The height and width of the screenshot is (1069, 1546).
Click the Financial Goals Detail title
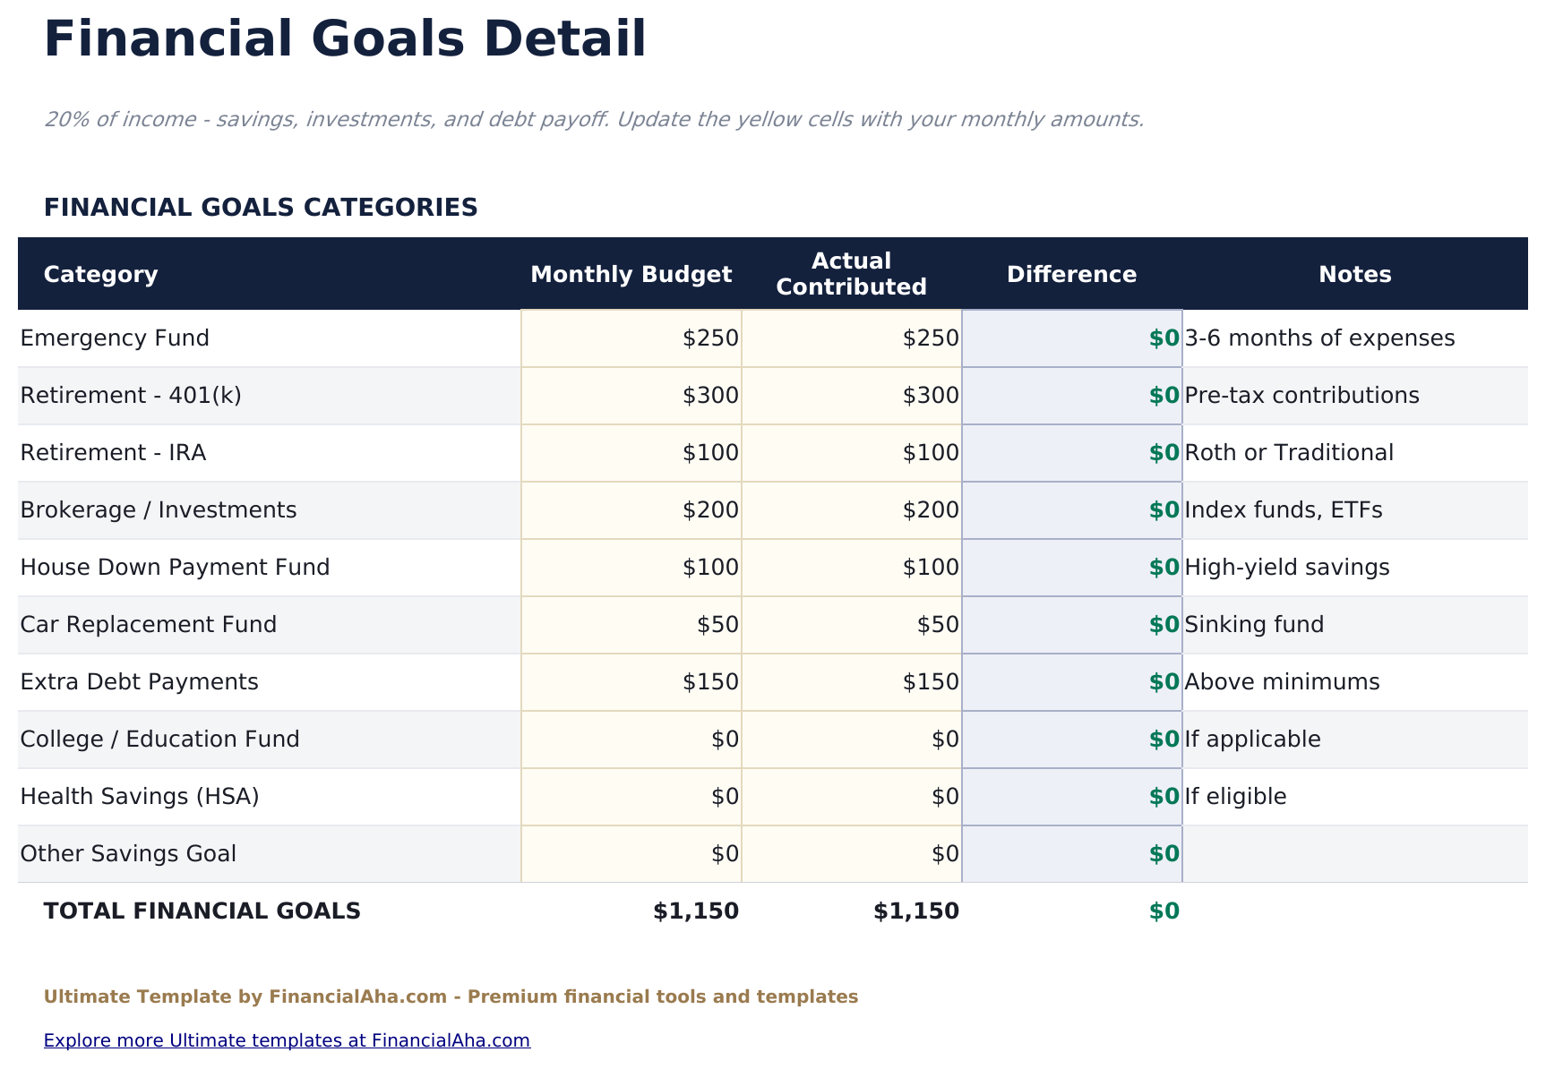click(x=345, y=40)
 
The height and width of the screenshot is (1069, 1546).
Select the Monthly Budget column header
click(x=631, y=274)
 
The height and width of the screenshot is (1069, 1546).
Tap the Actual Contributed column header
click(x=851, y=274)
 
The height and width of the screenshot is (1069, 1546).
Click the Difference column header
click(x=1071, y=274)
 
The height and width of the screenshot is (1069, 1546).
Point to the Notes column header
click(x=1354, y=274)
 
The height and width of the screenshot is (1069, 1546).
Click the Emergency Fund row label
click(x=115, y=338)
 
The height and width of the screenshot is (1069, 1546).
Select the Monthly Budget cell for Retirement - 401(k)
click(x=631, y=396)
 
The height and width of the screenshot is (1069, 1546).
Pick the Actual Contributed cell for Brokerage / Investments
click(x=852, y=510)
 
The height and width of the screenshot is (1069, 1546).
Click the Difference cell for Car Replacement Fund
click(x=1072, y=625)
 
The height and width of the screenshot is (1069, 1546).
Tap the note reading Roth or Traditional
click(x=1289, y=453)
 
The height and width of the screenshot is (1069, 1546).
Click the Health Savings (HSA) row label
click(x=140, y=797)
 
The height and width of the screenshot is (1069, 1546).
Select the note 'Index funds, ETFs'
click(x=1284, y=510)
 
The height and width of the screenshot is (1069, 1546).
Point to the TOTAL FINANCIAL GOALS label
click(x=202, y=911)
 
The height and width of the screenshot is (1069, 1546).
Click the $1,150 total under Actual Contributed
click(x=915, y=911)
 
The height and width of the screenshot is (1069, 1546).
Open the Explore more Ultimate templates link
click(x=287, y=1040)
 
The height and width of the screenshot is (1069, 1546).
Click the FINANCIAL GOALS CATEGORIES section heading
click(x=261, y=208)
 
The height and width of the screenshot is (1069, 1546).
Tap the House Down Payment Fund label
click(x=175, y=568)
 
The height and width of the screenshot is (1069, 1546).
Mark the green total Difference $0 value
click(x=1164, y=911)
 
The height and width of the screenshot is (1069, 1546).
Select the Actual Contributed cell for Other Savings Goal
click(x=852, y=854)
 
